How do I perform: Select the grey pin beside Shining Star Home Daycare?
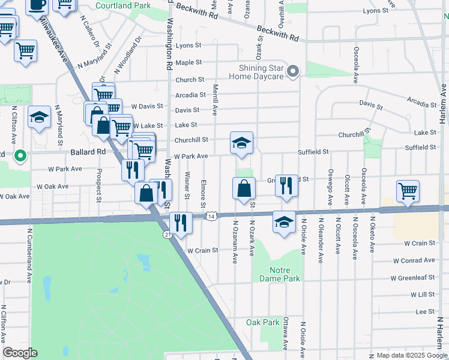[x=293, y=72]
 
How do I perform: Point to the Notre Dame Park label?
[x=279, y=274]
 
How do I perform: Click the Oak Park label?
[x=263, y=322]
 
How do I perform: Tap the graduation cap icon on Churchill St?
[x=241, y=143]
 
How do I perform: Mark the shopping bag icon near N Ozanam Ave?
[x=243, y=188]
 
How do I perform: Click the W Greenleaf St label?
[x=412, y=278]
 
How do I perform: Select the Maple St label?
[x=188, y=62]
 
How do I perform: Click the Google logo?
[x=20, y=353]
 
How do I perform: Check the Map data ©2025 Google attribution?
[x=411, y=355]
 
